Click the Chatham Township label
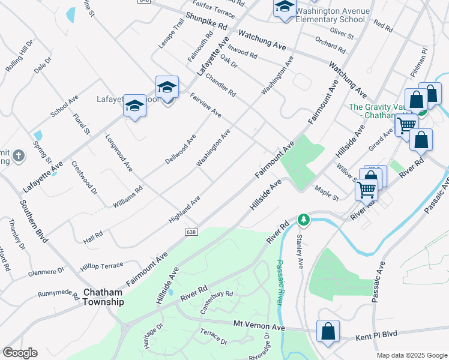pyautogui.click(x=103, y=297)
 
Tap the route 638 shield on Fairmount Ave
pyautogui.click(x=191, y=232)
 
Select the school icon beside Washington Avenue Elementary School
pyautogui.click(x=285, y=8)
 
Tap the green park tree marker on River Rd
pyautogui.click(x=304, y=220)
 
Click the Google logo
pyautogui.click(x=20, y=353)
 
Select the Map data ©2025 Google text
pyautogui.click(x=412, y=355)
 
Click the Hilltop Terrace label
pyautogui.click(x=101, y=265)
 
